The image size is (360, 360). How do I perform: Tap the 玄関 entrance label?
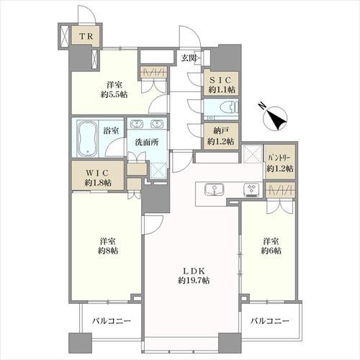(189, 58)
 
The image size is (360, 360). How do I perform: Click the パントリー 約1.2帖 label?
(279, 163)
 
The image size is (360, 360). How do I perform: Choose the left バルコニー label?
(110, 321)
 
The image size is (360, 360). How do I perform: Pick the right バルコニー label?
(270, 321)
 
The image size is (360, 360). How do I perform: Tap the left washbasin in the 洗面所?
(138, 122)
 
